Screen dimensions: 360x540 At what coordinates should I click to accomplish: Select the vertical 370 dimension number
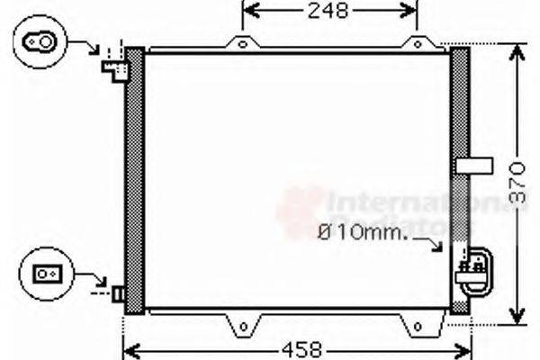pos(513,183)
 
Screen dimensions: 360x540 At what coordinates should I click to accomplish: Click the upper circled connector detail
pos(40,40)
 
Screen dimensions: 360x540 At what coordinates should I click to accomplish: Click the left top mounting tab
pos(240,43)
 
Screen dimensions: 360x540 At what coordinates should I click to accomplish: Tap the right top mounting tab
pos(417,43)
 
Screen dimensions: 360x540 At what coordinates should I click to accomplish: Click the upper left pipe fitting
pos(113,63)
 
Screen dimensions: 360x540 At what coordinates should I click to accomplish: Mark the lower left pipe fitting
pos(117,293)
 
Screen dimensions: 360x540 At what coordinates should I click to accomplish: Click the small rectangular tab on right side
pos(475,165)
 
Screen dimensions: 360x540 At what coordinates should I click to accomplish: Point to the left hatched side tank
pos(134,180)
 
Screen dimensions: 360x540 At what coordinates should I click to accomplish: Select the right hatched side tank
pos(459,180)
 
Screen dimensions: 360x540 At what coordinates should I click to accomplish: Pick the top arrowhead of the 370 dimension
pos(517,50)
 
